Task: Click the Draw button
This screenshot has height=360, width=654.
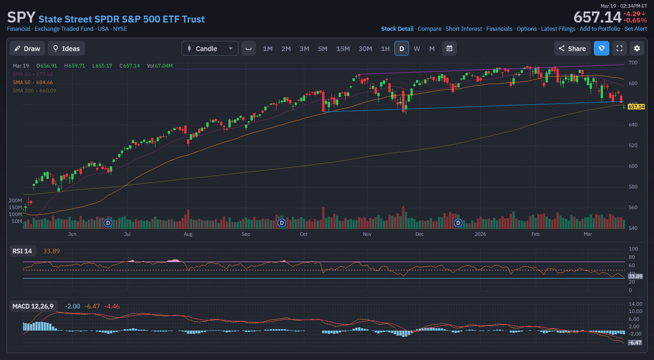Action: [x=27, y=49]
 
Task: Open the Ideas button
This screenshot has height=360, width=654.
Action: [x=66, y=49]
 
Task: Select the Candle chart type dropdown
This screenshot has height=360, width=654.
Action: [x=209, y=49]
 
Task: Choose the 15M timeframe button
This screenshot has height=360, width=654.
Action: [x=343, y=49]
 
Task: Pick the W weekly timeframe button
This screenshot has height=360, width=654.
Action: [x=417, y=49]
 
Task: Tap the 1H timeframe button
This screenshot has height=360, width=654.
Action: [x=385, y=49]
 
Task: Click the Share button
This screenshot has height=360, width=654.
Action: [x=572, y=49]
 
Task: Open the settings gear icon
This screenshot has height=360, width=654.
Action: [x=637, y=49]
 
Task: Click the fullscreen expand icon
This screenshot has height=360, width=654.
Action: [x=619, y=49]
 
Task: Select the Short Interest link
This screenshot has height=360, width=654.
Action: [x=464, y=29]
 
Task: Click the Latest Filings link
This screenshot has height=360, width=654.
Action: [x=558, y=29]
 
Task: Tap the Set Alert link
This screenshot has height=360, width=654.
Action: [x=635, y=29]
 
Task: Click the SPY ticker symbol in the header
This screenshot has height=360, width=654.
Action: [x=21, y=18]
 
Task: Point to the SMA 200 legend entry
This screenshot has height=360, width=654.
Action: [x=34, y=91]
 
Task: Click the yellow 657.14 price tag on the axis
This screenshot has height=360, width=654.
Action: [x=636, y=107]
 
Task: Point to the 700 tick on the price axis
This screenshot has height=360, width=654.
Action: [x=633, y=63]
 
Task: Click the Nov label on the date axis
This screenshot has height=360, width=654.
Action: [x=367, y=234]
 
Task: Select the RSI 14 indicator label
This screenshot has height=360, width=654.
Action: [x=22, y=251]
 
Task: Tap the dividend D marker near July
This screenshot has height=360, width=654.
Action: [x=108, y=223]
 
